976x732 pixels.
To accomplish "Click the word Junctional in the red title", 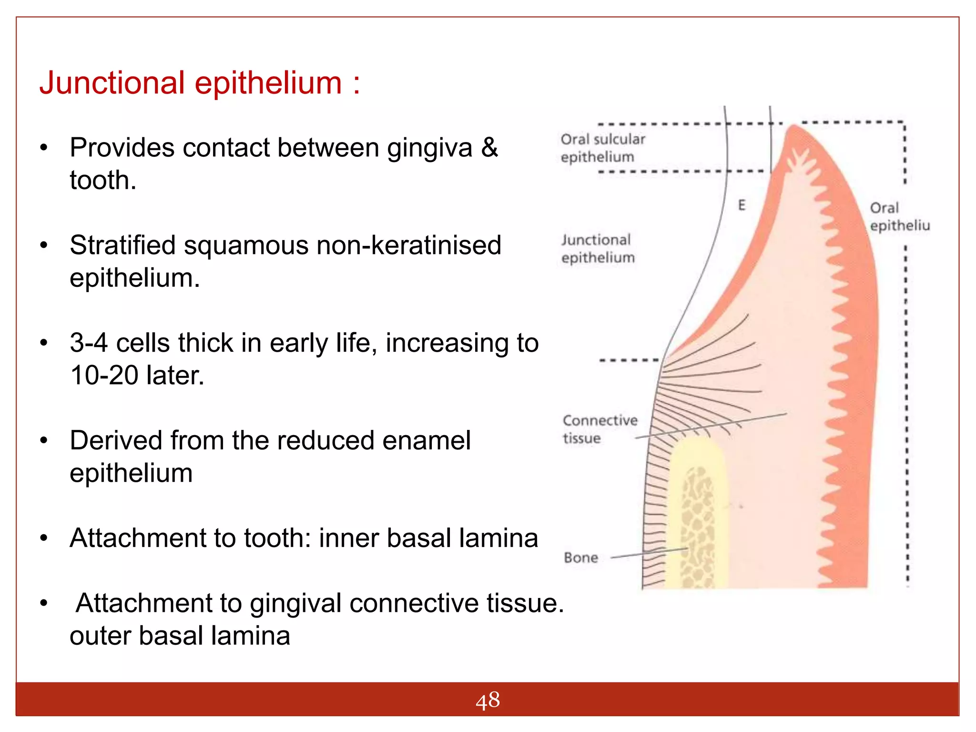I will (x=112, y=83).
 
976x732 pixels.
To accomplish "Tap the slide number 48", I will (x=488, y=701).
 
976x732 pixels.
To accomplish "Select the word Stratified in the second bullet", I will (x=122, y=245).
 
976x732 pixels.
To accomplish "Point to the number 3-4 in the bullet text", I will (x=89, y=343).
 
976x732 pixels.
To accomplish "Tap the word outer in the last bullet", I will (x=100, y=636).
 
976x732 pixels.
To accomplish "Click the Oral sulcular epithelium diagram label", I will (x=602, y=148).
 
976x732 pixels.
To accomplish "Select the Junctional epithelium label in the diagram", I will (x=598, y=248).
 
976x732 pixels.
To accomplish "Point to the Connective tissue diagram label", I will (x=600, y=429).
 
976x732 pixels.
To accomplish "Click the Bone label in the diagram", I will (x=580, y=558).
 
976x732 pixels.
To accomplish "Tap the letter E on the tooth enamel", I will (x=742, y=205).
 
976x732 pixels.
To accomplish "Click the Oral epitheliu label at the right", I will (x=899, y=216).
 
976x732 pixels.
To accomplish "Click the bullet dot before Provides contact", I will (x=44, y=148).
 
